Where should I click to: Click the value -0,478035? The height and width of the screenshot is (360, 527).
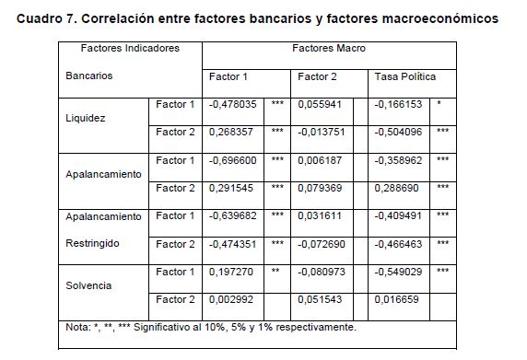[232, 104]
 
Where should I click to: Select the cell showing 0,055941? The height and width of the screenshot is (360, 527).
[320, 104]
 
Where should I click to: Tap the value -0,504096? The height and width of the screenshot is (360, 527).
[398, 132]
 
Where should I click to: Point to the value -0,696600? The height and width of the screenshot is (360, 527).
[232, 160]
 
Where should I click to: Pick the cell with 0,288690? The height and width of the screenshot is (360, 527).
[396, 188]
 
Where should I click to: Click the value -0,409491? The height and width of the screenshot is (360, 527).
[398, 215]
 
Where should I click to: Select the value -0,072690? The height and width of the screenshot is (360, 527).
[322, 244]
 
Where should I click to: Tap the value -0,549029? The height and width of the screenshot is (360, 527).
[398, 272]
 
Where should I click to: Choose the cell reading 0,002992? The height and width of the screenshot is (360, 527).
[231, 299]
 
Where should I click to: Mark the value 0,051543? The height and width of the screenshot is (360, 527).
[320, 299]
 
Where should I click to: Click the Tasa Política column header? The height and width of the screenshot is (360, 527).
[405, 77]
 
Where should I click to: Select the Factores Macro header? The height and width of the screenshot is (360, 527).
[329, 49]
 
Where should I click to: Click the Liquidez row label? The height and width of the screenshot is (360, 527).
[86, 118]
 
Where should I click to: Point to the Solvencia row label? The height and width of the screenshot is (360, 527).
[88, 285]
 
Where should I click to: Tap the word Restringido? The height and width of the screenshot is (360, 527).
[92, 243]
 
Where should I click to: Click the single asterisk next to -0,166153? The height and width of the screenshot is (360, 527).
[439, 103]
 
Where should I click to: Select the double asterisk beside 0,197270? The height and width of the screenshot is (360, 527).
[275, 271]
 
